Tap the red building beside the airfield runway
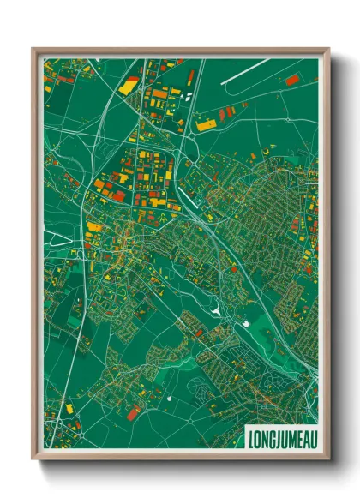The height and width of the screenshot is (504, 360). tap(291, 81)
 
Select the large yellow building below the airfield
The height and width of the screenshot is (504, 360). tap(207, 125)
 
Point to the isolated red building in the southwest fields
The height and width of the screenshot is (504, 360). tap(133, 414)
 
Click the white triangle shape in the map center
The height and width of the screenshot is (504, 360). tap(218, 309)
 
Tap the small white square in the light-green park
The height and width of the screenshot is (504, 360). tap(247, 324)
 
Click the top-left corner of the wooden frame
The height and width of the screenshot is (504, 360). tap(33, 49)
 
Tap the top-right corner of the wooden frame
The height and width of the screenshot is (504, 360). tap(328, 49)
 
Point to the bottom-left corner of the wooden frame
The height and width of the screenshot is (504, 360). tap(33, 461)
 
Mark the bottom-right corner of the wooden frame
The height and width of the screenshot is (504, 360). tap(328, 461)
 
